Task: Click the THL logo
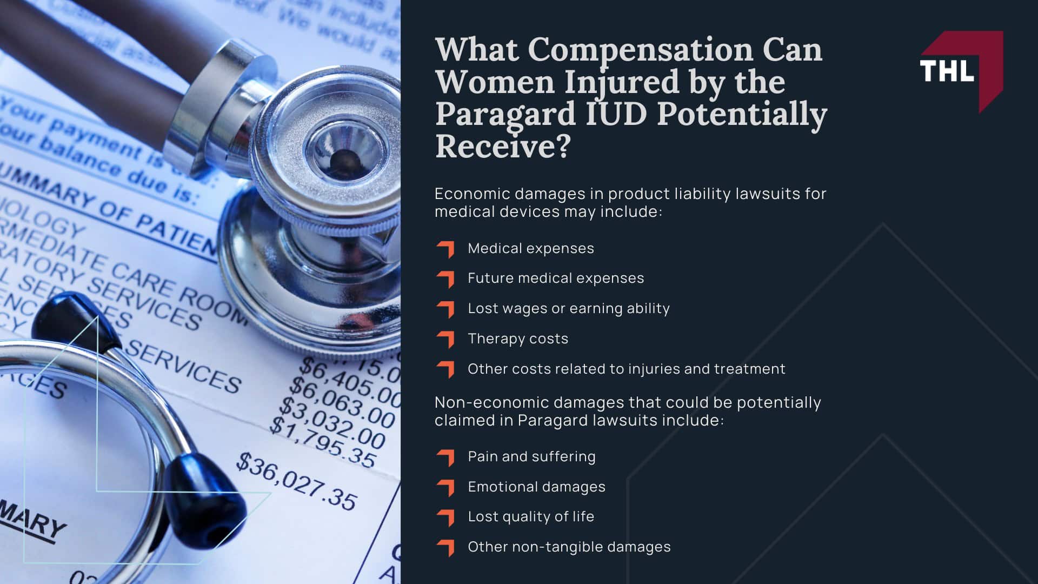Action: click(961, 71)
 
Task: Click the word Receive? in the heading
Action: click(503, 146)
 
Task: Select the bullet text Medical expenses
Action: click(530, 248)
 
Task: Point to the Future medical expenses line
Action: click(556, 278)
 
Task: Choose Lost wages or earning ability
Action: click(568, 308)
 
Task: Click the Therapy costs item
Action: click(518, 339)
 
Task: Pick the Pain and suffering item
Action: click(531, 456)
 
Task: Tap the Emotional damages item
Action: click(536, 487)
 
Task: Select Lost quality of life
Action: click(531, 516)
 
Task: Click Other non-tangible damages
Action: click(569, 547)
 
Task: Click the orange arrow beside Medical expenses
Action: click(446, 249)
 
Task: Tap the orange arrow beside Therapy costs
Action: click(446, 340)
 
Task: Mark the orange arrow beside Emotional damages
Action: click(446, 488)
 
